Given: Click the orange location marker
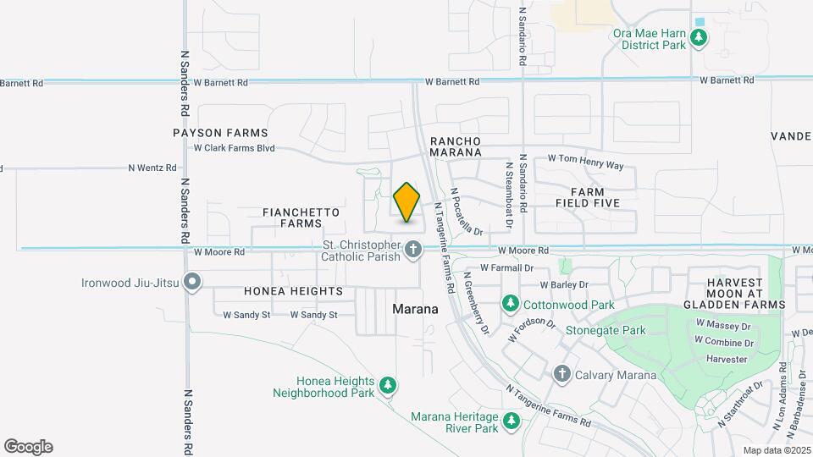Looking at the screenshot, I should tap(407, 202).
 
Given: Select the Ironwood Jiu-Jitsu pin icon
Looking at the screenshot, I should tap(193, 282).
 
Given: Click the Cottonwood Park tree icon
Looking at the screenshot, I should tap(511, 303).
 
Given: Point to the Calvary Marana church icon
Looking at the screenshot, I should tap(561, 374).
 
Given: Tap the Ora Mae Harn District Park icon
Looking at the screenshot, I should tap(699, 37).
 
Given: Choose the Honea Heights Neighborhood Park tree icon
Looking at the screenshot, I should tap(388, 386).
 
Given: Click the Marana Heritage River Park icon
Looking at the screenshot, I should tap(511, 421).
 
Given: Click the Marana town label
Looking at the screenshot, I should tap(415, 310).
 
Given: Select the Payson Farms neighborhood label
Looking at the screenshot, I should tap(220, 133).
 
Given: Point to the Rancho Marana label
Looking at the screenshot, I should tap(455, 146).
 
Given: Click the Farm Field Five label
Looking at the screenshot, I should tap(588, 197).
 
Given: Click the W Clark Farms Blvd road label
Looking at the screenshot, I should tap(235, 148).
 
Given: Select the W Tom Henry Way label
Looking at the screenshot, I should tap(585, 158).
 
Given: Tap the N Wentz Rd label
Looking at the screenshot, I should tap(152, 168).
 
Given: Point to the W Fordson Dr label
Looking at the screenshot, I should tap(532, 330).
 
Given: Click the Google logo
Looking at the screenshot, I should tap(29, 447).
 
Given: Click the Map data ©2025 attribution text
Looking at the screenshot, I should tap(776, 450).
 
